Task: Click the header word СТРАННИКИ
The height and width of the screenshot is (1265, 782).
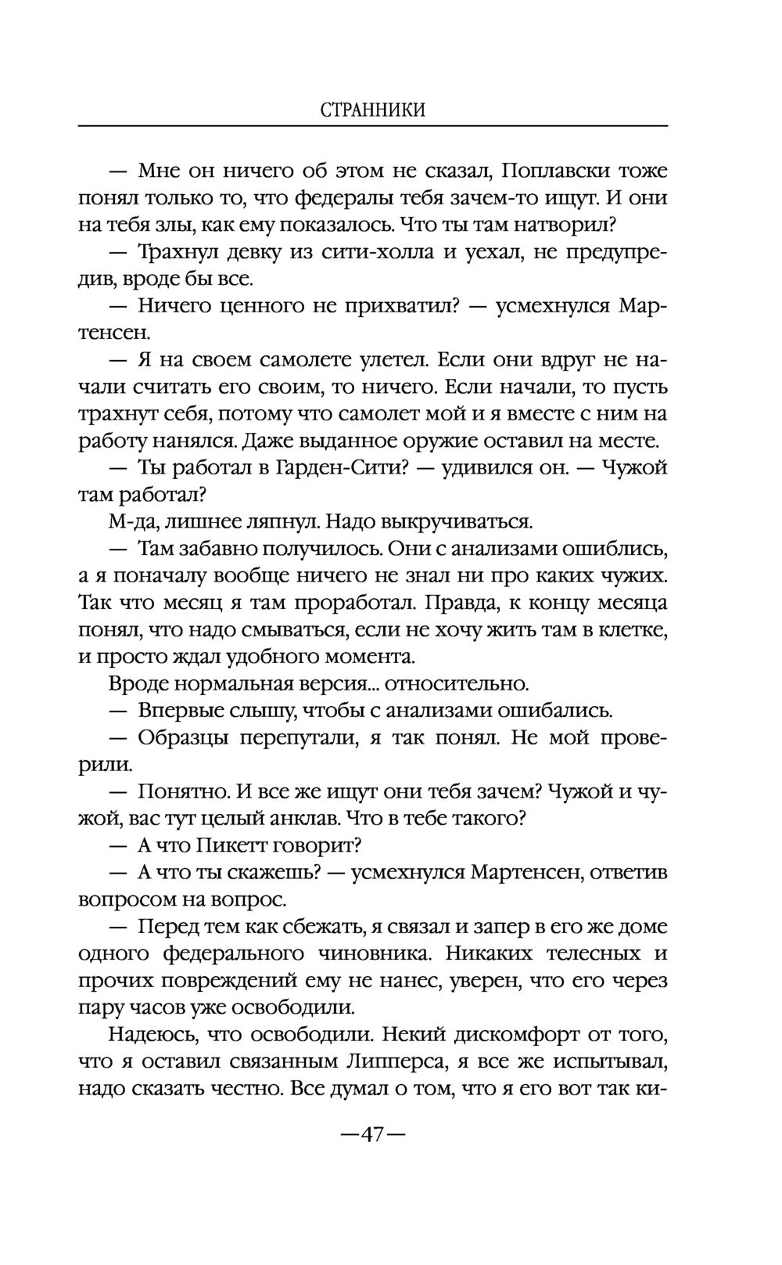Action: pos(373,110)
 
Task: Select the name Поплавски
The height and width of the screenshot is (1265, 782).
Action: pos(555,171)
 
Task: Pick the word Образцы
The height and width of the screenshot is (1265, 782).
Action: pos(184,738)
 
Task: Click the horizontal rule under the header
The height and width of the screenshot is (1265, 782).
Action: pos(373,126)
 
